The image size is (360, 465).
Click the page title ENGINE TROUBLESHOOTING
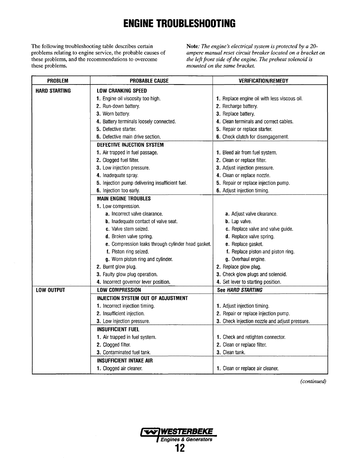(x=180, y=23)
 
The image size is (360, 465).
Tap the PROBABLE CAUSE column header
(x=149, y=81)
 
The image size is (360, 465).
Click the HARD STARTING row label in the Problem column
(x=53, y=91)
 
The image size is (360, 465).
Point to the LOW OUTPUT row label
(x=50, y=290)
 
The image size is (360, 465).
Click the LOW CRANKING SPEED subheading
(x=122, y=91)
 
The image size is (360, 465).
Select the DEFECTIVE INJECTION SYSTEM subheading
(x=130, y=145)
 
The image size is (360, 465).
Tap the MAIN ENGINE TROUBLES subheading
(x=124, y=199)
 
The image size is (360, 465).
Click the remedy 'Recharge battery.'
(x=240, y=106)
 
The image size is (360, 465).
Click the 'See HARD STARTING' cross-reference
(x=240, y=290)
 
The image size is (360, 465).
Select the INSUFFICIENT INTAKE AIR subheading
(x=125, y=361)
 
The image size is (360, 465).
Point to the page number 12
(x=180, y=448)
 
